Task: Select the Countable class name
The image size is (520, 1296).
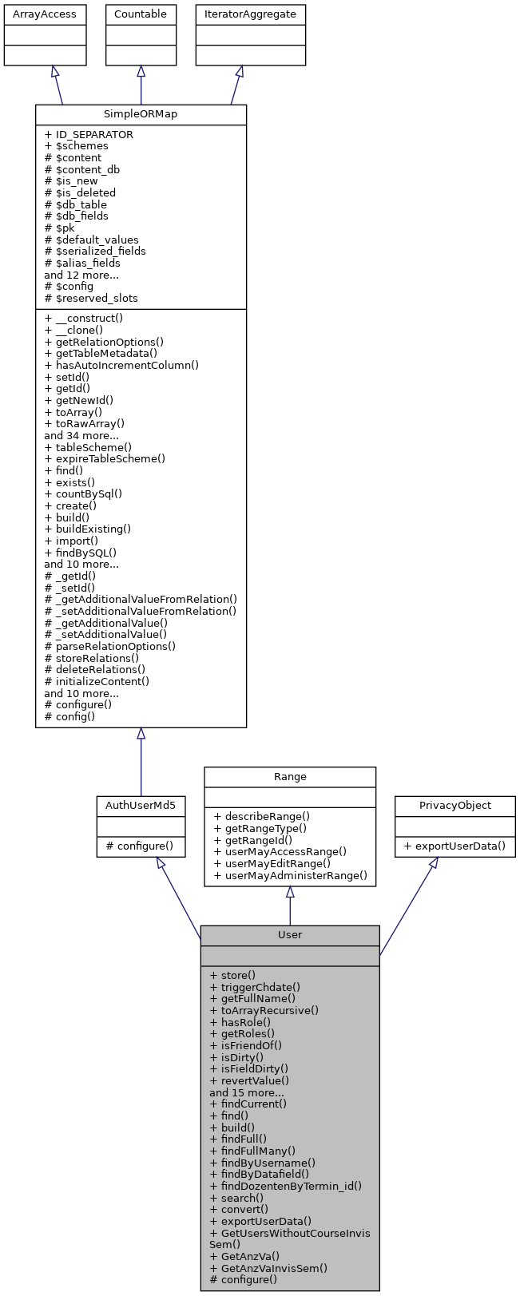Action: click(x=141, y=14)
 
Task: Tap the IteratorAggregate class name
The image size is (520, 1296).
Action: click(x=250, y=14)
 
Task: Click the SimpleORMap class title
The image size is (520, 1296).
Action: click(x=141, y=114)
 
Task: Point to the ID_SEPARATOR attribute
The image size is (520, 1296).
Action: click(x=89, y=134)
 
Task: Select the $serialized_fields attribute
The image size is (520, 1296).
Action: click(x=95, y=251)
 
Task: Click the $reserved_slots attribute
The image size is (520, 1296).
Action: click(x=91, y=298)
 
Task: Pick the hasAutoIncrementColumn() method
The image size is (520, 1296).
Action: click(x=121, y=365)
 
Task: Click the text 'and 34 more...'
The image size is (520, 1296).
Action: click(x=81, y=435)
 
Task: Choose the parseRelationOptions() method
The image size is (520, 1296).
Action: click(x=110, y=646)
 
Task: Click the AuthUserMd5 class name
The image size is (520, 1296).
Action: click(x=141, y=806)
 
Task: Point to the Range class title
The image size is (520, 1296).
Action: click(x=290, y=776)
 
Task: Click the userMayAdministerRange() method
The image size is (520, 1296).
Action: click(x=290, y=875)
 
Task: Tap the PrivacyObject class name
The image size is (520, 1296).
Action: click(x=455, y=806)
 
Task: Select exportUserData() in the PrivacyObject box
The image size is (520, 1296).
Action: click(x=455, y=846)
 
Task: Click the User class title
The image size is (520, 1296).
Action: click(x=290, y=934)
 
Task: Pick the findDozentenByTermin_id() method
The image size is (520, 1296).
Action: click(x=285, y=1186)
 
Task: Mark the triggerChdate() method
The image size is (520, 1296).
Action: click(x=255, y=987)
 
